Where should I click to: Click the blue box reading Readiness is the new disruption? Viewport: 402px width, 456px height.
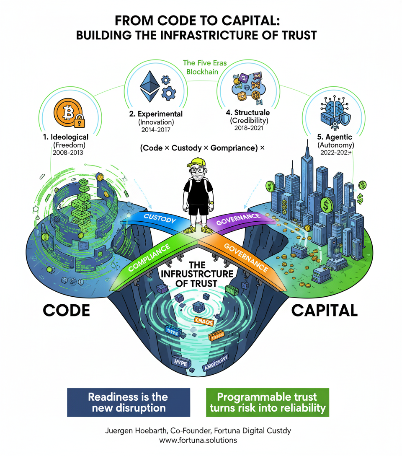coord(129,402)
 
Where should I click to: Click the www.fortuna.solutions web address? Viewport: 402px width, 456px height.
coord(201,440)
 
